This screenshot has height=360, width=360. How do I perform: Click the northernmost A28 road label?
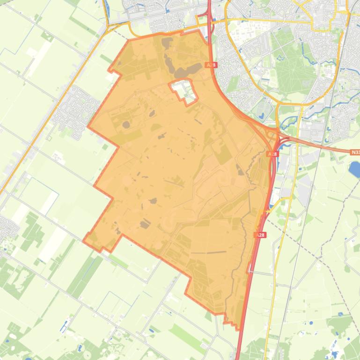click(x=211, y=65)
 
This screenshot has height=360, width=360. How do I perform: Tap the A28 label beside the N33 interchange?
click(x=272, y=154)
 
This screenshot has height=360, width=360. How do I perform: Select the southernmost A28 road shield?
click(x=260, y=235)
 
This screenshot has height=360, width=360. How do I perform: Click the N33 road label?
click(x=355, y=152)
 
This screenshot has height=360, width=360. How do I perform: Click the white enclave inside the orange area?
click(x=184, y=91)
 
